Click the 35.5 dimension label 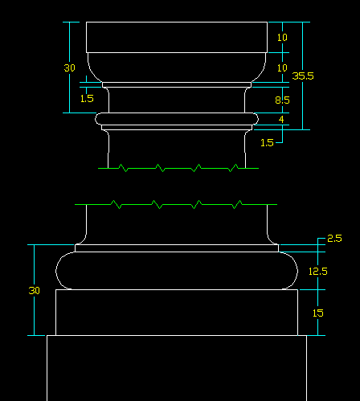click(x=303, y=76)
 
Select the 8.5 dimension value click(x=282, y=100)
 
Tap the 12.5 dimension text click(x=318, y=272)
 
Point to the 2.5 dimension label click(x=334, y=239)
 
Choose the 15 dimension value click(x=318, y=313)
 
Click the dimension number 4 click(x=281, y=119)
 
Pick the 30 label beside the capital click(x=70, y=68)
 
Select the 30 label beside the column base click(x=35, y=290)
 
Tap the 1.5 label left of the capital click(x=87, y=99)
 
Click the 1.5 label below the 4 click(x=267, y=142)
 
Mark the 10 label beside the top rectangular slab click(x=282, y=37)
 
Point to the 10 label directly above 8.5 click(x=282, y=68)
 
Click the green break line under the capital click(x=178, y=168)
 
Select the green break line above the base click(x=176, y=204)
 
